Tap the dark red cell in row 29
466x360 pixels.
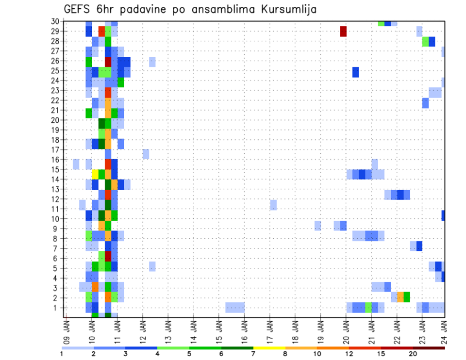pos(343,31)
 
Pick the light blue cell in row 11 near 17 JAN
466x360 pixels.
pos(273,205)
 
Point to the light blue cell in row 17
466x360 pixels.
pos(146,154)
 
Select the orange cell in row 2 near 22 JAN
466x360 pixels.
pos(400,296)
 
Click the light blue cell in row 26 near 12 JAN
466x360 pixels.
pos(152,62)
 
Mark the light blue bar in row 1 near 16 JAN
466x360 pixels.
pos(235,307)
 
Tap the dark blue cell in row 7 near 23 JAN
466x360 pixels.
pos(419,246)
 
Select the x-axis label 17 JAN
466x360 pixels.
pos(270,327)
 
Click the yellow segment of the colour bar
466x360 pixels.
pos(270,348)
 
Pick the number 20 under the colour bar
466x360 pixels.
pos(413,354)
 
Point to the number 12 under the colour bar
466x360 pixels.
pos(349,354)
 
